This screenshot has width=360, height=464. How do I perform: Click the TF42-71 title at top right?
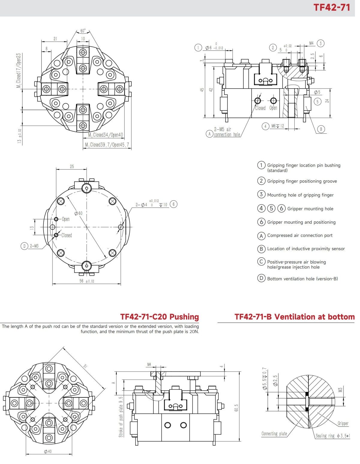(331, 7)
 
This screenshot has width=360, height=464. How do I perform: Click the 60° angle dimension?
(83, 31)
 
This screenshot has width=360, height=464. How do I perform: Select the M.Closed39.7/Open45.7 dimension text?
(107, 145)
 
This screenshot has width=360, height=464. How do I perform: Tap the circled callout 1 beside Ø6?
(198, 47)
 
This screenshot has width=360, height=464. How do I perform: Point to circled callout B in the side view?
(321, 129)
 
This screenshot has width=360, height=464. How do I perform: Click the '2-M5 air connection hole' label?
(227, 132)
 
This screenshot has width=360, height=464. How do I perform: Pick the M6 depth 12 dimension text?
(277, 126)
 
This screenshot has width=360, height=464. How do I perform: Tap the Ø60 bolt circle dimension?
(78, 213)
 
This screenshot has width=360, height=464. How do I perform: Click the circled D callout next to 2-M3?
(24, 246)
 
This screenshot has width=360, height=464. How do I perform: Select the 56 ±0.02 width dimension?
(86, 281)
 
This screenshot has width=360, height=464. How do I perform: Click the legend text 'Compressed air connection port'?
(300, 235)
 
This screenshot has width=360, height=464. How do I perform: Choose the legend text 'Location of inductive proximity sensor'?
(306, 249)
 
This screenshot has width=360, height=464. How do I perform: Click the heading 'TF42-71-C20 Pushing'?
(159, 317)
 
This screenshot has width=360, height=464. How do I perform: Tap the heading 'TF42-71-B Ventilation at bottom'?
(294, 317)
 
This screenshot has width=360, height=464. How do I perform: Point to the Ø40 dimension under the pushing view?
(48, 451)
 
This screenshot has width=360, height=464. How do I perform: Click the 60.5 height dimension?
(236, 408)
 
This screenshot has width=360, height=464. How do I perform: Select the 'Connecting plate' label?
(274, 434)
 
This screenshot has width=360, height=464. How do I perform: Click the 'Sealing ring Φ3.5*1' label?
(333, 436)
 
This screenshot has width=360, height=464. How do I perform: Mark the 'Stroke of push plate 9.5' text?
(121, 417)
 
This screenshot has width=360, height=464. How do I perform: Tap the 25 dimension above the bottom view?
(72, 166)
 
